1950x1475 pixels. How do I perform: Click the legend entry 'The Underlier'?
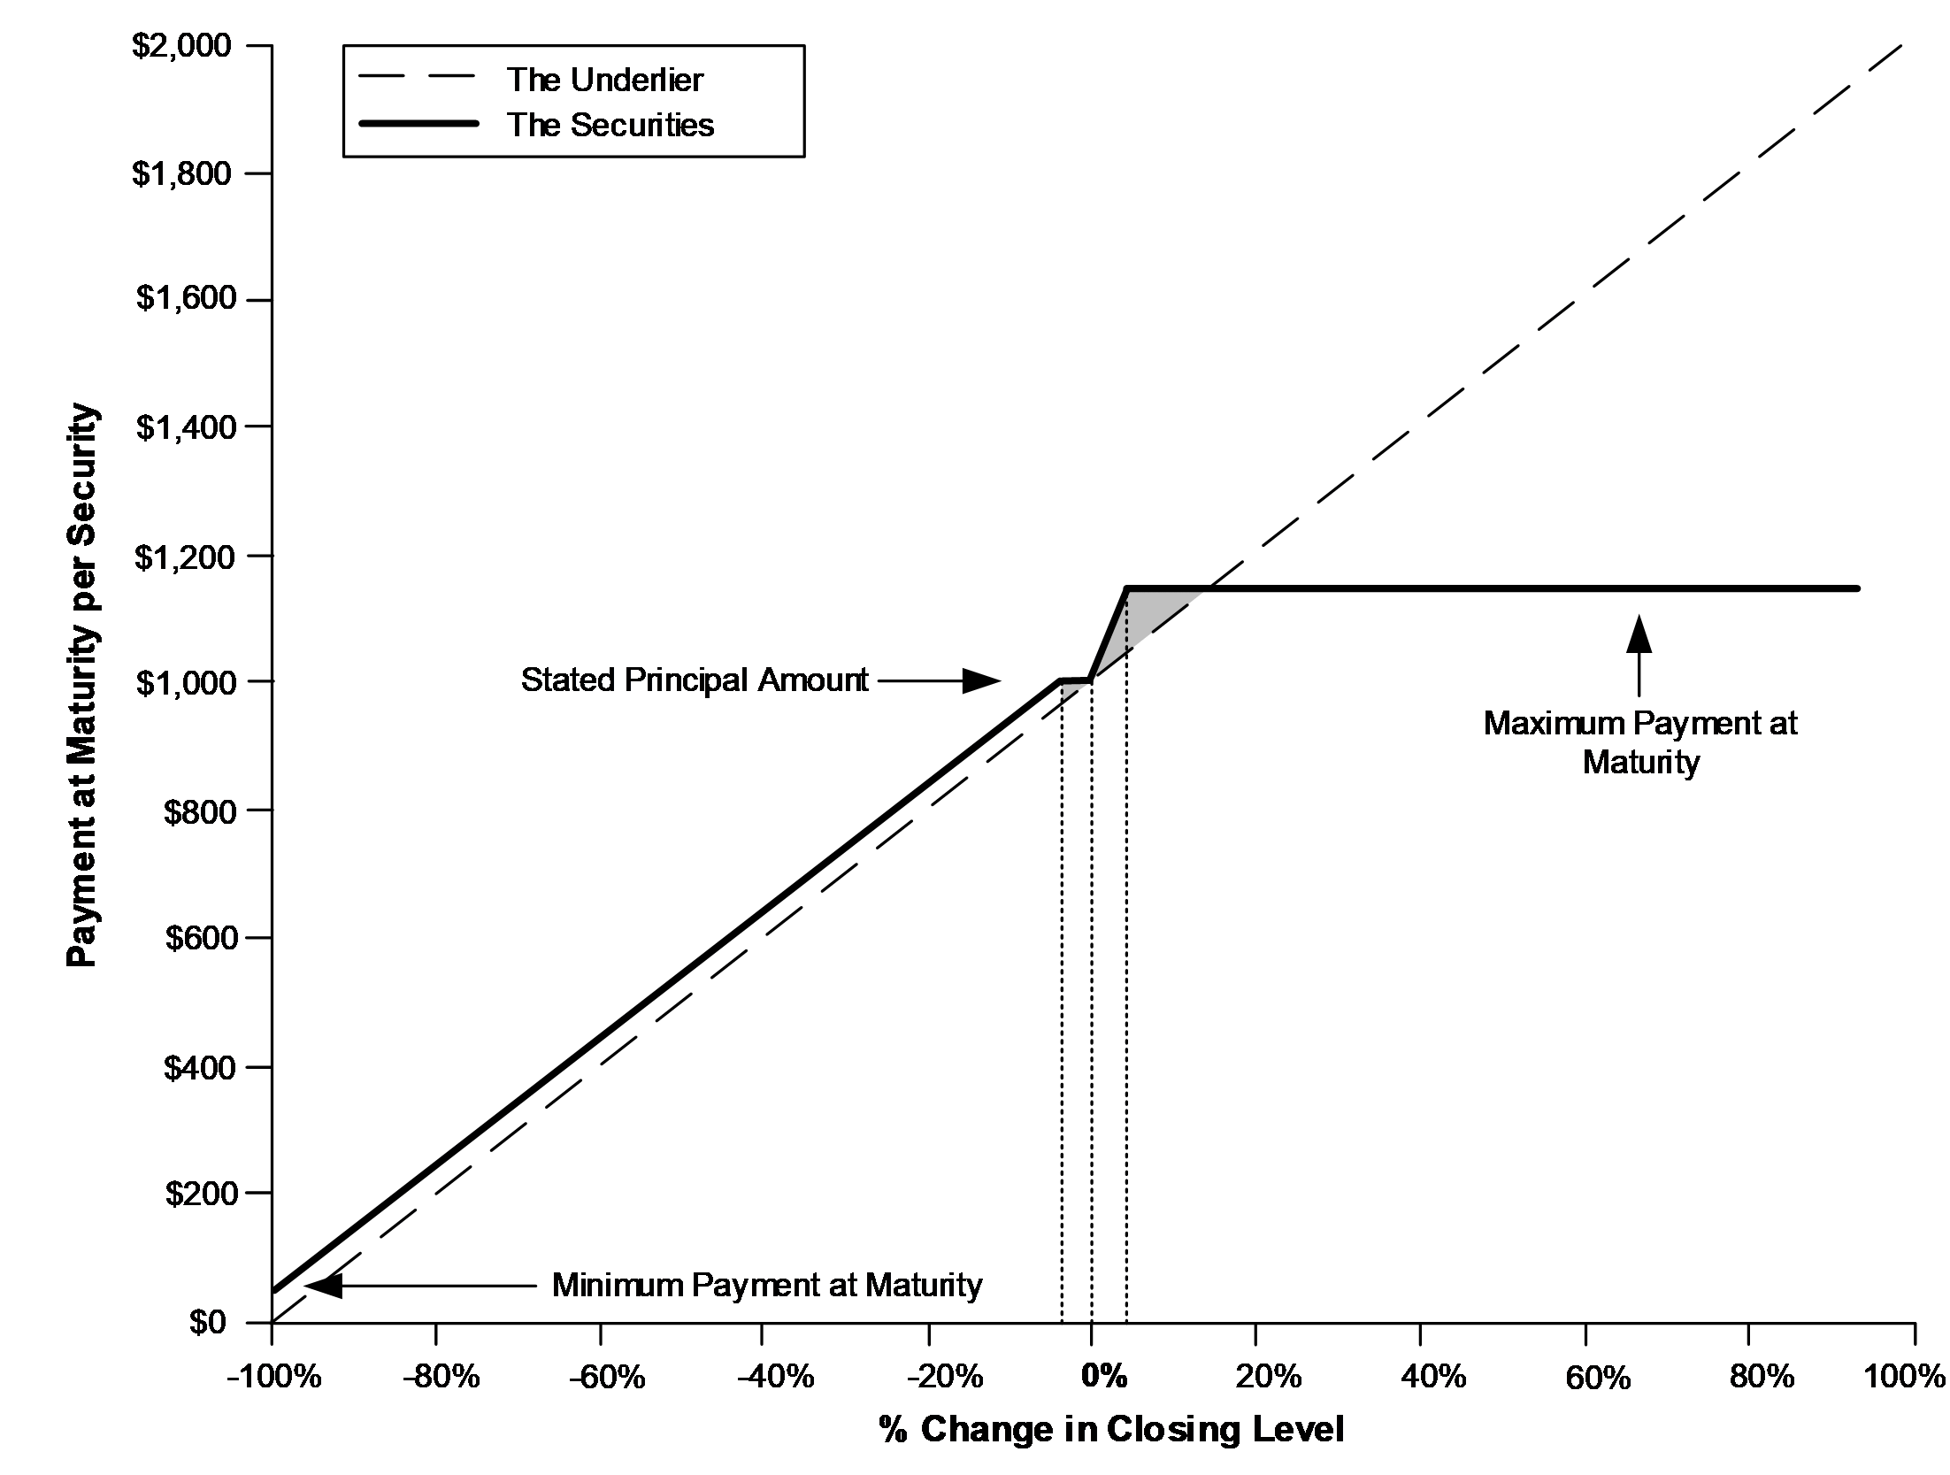(605, 80)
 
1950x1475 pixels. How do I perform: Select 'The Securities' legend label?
(610, 125)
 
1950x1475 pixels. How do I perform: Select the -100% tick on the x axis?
(274, 1377)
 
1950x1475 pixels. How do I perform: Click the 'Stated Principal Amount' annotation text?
(695, 680)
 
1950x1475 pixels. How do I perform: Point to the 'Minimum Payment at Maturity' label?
(767, 1285)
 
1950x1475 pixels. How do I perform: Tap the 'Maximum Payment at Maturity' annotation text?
(1640, 742)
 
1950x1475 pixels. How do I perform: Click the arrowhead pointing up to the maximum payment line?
(1639, 634)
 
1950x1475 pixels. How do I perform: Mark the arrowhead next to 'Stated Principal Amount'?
(981, 680)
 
